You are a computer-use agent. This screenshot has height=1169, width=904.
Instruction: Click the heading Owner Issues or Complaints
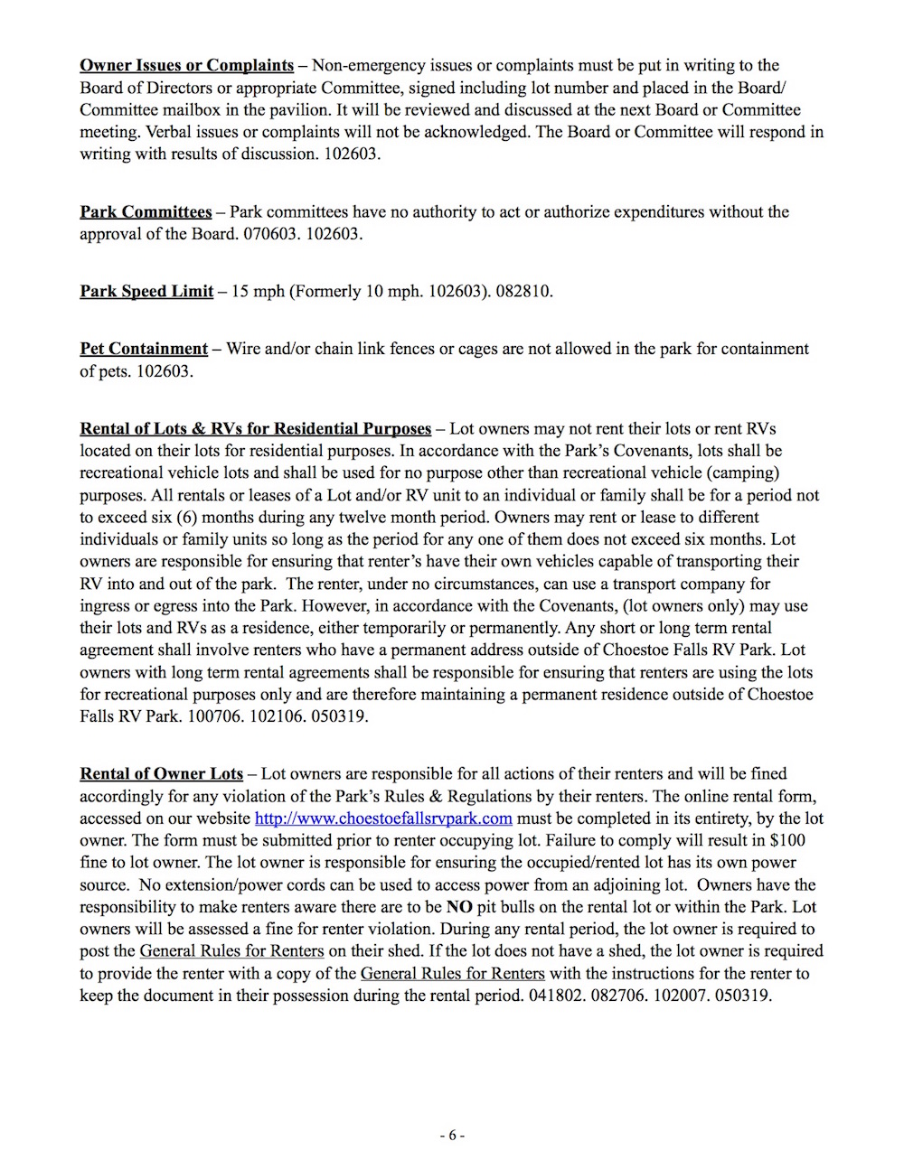tap(186, 65)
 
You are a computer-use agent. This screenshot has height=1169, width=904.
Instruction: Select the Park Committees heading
tap(146, 211)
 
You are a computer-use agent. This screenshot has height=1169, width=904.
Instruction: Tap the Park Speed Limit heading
tap(146, 291)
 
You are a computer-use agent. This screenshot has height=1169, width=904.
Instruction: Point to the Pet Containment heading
tap(144, 349)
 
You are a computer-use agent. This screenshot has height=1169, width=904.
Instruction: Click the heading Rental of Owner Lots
tap(161, 773)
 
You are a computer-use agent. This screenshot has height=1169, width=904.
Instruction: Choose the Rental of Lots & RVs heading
tap(255, 428)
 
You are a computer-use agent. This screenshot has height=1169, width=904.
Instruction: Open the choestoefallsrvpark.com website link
tap(383, 818)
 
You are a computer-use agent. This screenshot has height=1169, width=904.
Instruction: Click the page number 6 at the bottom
tap(452, 1136)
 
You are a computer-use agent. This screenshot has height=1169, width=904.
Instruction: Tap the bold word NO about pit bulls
tap(459, 907)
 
